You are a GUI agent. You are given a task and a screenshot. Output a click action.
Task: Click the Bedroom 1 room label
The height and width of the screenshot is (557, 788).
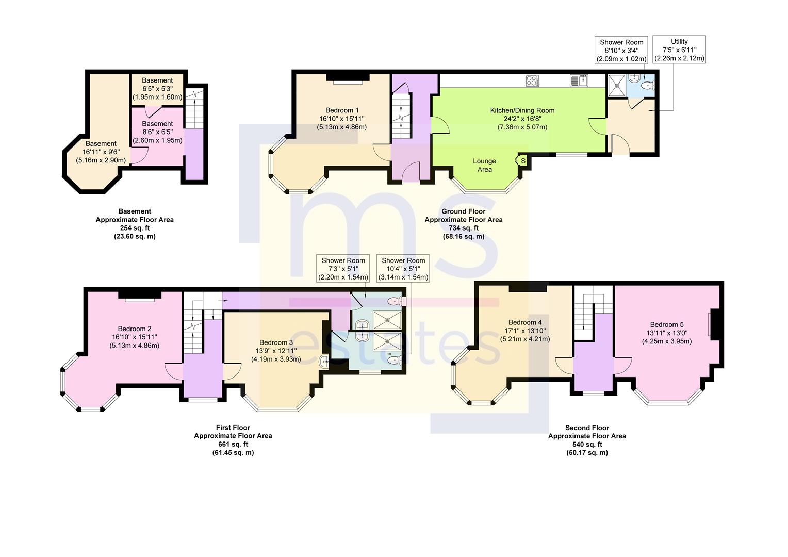pos(342,110)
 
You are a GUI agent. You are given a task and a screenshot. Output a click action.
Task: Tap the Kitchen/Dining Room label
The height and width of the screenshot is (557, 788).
pos(522,110)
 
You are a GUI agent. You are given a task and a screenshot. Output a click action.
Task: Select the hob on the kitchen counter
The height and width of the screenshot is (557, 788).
pos(532,81)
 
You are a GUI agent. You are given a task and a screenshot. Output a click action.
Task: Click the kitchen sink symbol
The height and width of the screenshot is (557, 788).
pos(579,81)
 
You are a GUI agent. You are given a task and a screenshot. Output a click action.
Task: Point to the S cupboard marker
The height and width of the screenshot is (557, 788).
pos(523,161)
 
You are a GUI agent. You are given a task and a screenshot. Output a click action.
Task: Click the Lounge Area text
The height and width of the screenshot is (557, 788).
pos(484,166)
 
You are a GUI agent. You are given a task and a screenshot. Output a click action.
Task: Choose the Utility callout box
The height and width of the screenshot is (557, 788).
pos(679,50)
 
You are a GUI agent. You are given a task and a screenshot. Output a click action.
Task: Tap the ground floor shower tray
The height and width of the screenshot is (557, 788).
pos(617,85)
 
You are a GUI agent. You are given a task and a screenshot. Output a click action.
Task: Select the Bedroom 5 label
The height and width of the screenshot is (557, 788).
pos(666,325)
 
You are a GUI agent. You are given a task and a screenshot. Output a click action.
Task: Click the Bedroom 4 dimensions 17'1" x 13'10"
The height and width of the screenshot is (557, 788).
pos(525,331)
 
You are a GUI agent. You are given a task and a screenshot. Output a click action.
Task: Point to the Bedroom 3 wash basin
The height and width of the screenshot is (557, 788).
pos(325,362)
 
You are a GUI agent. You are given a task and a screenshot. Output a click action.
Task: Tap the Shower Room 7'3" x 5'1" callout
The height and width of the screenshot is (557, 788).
pos(343,269)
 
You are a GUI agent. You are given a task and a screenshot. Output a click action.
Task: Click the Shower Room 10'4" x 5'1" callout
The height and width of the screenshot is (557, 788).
pos(403,269)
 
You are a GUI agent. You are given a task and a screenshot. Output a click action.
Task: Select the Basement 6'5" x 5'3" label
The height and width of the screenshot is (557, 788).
pos(157,89)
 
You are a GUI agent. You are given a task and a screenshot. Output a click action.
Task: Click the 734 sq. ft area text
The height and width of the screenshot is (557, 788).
pos(463,228)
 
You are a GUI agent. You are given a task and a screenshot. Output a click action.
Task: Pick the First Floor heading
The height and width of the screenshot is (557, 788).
pos(233,428)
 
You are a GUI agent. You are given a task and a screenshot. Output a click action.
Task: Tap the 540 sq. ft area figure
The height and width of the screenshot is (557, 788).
pos(587,445)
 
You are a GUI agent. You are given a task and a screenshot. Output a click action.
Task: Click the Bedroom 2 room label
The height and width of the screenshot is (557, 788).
pos(135,329)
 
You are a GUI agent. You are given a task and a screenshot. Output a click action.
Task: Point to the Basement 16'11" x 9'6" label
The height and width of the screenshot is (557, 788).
pos(101,152)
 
